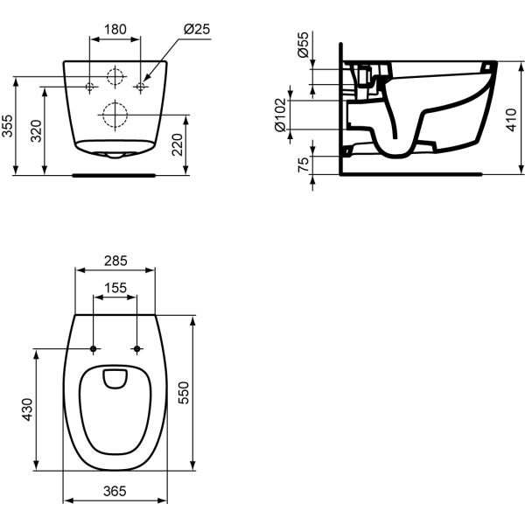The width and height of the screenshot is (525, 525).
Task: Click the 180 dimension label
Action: coord(115,29)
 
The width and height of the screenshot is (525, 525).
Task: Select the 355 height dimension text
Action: coord(8,127)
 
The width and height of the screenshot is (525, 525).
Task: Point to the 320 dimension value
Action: coord(35,131)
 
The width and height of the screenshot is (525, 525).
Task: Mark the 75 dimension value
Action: coord(303,164)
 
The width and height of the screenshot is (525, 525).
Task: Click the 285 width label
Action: coord(115,260)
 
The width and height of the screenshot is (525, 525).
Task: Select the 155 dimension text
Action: coord(115,286)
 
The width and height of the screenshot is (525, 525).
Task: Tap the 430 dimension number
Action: coord(27,409)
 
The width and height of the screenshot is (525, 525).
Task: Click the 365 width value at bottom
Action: coord(115,492)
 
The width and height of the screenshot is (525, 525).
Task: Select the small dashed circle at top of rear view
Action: coord(115,76)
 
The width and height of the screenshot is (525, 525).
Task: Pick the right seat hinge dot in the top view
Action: coord(136,350)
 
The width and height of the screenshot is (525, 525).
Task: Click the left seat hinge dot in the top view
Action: coord(93,350)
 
